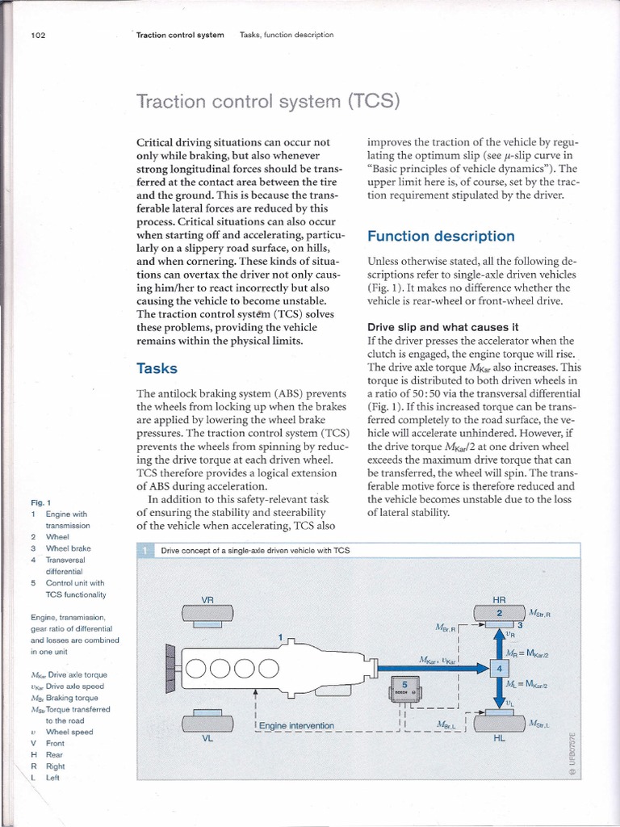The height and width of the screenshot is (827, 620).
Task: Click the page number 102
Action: (x=37, y=35)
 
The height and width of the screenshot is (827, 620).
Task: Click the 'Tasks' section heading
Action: (x=157, y=368)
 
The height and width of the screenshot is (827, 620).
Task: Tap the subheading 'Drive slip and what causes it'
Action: (x=442, y=327)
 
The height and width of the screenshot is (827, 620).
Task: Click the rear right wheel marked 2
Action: (x=498, y=615)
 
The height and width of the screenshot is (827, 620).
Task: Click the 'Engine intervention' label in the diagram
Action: (x=297, y=725)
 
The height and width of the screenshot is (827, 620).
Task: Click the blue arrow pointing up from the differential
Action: (x=499, y=643)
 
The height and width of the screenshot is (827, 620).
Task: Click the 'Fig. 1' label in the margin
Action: (x=40, y=502)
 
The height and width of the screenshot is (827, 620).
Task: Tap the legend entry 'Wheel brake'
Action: (x=68, y=548)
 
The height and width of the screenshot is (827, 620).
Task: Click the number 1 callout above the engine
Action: (x=280, y=636)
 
